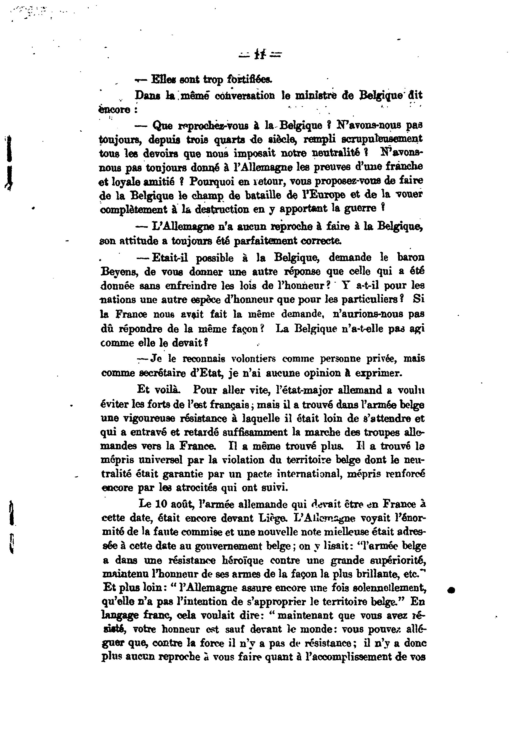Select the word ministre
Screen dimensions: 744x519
[317, 96]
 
